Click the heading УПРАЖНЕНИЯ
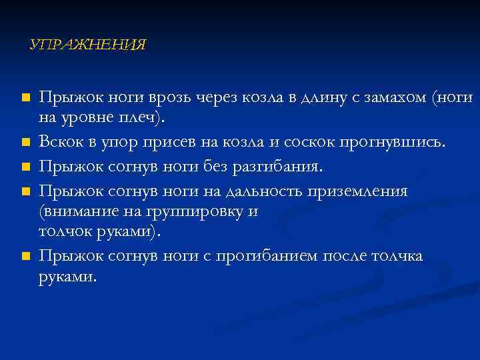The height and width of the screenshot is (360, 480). click(88, 45)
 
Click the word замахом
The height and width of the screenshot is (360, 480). click(394, 98)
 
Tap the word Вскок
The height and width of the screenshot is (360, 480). click(61, 142)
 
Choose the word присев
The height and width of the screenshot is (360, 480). click(174, 142)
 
